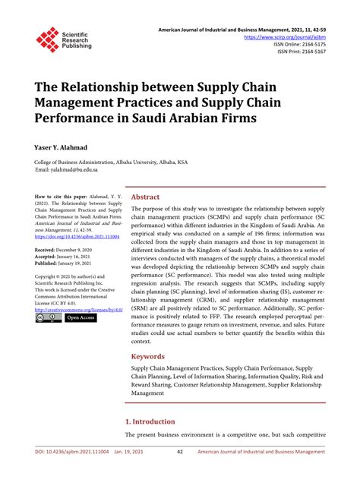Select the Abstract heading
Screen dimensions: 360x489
[146, 197]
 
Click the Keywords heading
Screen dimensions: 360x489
[149, 355]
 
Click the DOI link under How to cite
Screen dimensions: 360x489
[71, 236]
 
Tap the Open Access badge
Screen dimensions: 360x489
[80, 318]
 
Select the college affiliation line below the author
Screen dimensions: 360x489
[111, 162]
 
